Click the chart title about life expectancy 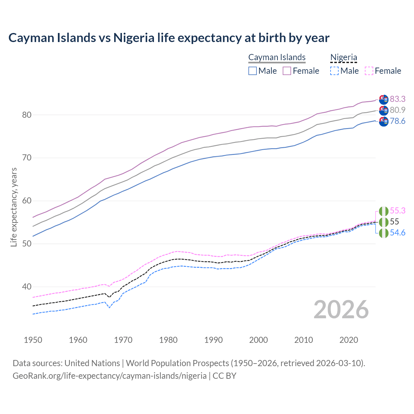pyautogui.click(x=169, y=38)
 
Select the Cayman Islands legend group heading pyautogui.click(x=277, y=57)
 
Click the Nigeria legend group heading pyautogui.click(x=343, y=57)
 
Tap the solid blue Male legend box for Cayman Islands pyautogui.click(x=253, y=71)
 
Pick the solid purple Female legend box pyautogui.click(x=287, y=71)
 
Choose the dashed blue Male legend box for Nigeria pyautogui.click(x=334, y=71)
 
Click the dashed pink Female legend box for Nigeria pyautogui.click(x=369, y=71)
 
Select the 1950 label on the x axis pyautogui.click(x=33, y=340)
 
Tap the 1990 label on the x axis pyautogui.click(x=213, y=340)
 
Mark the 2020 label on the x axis pyautogui.click(x=349, y=340)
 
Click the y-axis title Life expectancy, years pyautogui.click(x=14, y=207)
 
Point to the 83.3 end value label pyautogui.click(x=398, y=99)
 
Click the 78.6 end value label pyautogui.click(x=398, y=121)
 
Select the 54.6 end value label pyautogui.click(x=398, y=233)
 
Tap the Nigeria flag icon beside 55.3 pyautogui.click(x=384, y=211)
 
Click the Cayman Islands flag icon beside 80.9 pyautogui.click(x=384, y=110)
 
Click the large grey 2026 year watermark pyautogui.click(x=341, y=310)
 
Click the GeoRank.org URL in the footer pyautogui.click(x=109, y=376)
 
